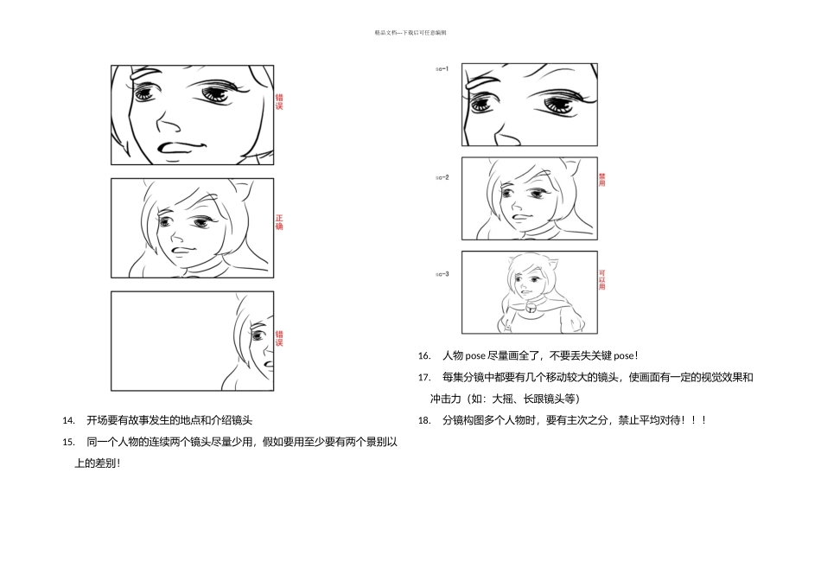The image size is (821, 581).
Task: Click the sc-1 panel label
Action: pos(442,68)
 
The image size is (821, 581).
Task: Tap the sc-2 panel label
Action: pos(442,177)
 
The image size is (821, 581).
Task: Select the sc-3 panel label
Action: pos(442,274)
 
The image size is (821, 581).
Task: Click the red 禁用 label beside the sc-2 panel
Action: pos(602,180)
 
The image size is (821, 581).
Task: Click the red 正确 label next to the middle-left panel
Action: pos(279,222)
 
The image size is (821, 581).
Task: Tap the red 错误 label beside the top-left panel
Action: pos(279,102)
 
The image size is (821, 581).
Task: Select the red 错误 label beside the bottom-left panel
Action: pos(279,338)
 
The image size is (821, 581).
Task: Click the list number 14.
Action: pos(69,421)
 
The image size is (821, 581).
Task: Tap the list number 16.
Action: pos(424,356)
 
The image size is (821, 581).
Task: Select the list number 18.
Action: pos(424,420)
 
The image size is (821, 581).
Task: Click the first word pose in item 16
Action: pos(475,356)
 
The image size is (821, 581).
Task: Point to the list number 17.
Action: pos(424,378)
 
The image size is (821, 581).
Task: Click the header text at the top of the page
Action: pos(410,33)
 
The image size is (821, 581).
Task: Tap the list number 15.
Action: pos(69,442)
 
